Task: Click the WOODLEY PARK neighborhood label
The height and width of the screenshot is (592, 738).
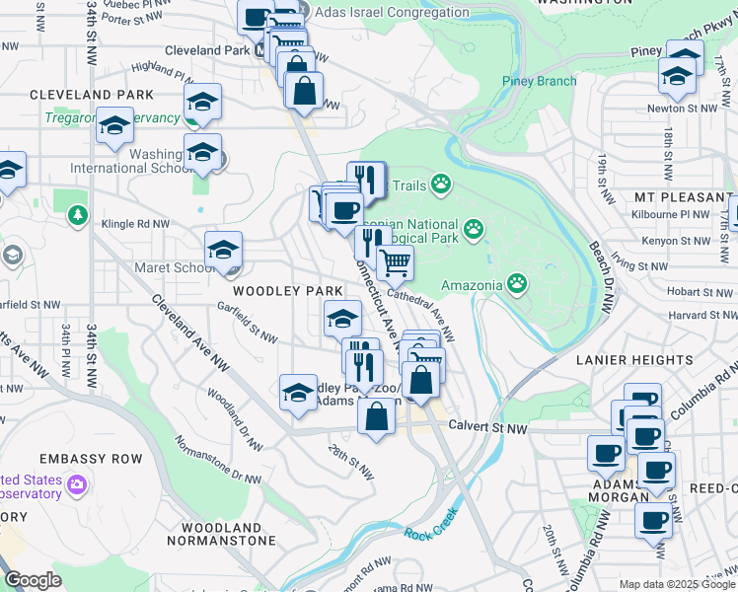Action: pos(287,291)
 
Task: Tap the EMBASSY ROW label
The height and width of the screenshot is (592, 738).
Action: pos(90,459)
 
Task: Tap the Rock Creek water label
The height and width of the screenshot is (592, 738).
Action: pos(430,524)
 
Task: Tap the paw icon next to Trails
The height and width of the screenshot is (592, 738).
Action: pos(440,184)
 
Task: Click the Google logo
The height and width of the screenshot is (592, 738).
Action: pos(33,580)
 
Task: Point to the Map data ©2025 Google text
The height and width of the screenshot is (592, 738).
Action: pos(677,584)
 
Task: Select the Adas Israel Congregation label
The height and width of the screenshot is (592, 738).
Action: pos(392,13)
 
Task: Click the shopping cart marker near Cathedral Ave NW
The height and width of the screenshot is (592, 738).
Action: pos(395,262)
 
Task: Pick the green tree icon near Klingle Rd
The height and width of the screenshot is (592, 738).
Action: pos(76,214)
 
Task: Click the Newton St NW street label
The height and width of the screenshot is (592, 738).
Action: pos(679,109)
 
